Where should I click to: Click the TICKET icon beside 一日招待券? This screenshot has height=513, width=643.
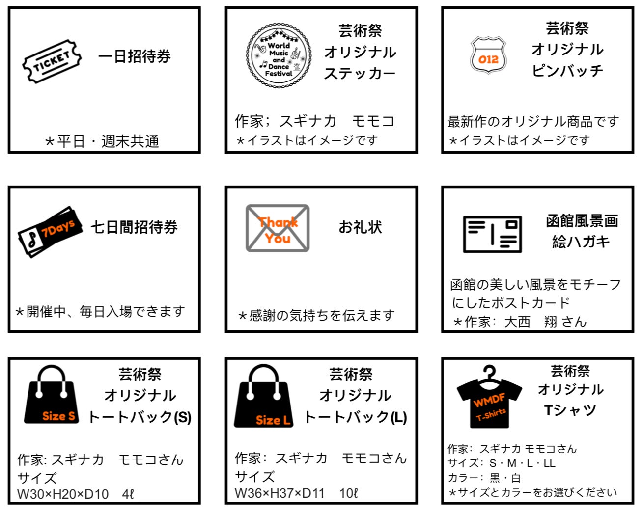tap(52, 61)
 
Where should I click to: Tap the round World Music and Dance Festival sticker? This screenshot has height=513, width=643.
tap(279, 55)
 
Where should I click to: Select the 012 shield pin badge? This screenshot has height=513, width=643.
tap(488, 55)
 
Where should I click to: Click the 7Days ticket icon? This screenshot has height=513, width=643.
tap(50, 232)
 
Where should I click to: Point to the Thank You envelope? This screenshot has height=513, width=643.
tap(277, 228)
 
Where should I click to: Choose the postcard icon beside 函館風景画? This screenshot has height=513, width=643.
tap(492, 234)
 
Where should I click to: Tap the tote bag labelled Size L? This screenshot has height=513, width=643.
tap(263, 396)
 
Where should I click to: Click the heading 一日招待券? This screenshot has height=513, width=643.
tap(135, 56)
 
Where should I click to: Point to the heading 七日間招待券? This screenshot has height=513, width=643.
tap(134, 227)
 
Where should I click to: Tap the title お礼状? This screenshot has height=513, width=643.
tap(360, 227)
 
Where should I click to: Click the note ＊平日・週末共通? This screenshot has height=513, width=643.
tap(102, 141)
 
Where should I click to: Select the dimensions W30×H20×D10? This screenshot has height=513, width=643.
tap(63, 494)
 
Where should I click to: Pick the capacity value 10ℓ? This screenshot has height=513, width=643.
tap(348, 493)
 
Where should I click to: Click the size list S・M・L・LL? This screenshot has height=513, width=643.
tap(522, 463)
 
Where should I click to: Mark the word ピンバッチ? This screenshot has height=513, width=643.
tap(567, 71)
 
